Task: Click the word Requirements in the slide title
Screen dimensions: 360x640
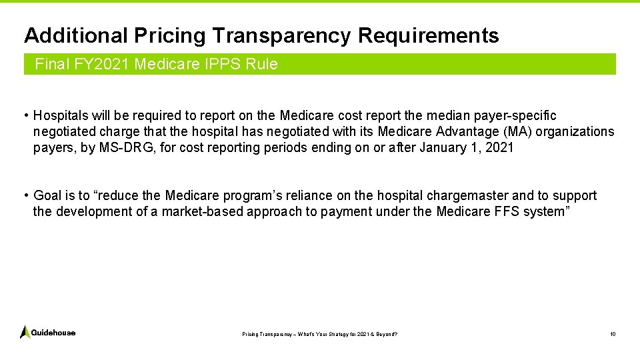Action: pyautogui.click(x=428, y=35)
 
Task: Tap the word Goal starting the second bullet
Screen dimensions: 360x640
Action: pyautogui.click(x=47, y=195)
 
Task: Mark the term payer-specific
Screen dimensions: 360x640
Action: pyautogui.click(x=523, y=116)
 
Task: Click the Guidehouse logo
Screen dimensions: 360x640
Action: pyautogui.click(x=47, y=332)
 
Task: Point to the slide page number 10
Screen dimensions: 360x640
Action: pyautogui.click(x=612, y=333)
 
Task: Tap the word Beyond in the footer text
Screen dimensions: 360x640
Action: pyautogui.click(x=385, y=333)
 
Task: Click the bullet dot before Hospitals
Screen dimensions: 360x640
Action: pyautogui.click(x=25, y=116)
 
